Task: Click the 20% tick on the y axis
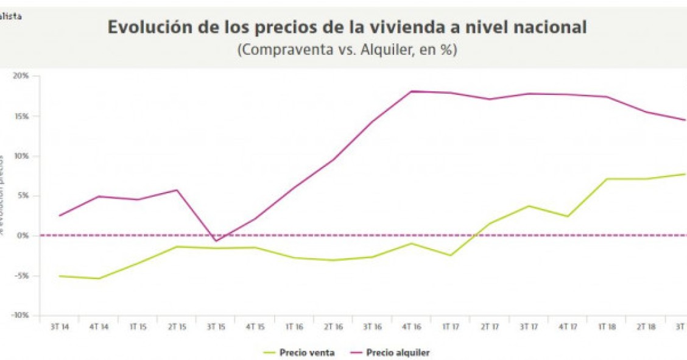click(22, 76)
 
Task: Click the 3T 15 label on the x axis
click(216, 327)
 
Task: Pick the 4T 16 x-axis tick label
click(412, 327)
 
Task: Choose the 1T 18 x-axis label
click(607, 327)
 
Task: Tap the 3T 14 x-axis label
click(60, 327)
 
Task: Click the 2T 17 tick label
click(490, 327)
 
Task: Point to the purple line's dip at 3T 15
click(215, 241)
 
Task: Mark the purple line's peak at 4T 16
click(411, 91)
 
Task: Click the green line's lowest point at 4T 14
click(99, 278)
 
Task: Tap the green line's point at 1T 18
click(607, 179)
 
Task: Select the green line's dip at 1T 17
click(451, 255)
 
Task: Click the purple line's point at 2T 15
click(177, 190)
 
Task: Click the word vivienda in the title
click(436, 27)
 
